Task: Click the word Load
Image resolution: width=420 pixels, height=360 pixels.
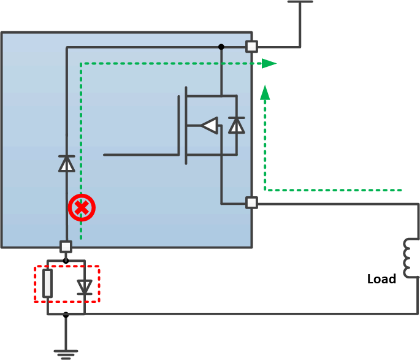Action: (x=381, y=279)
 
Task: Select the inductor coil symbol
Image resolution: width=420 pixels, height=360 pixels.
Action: (x=407, y=258)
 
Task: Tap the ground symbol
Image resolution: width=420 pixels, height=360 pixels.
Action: (x=65, y=353)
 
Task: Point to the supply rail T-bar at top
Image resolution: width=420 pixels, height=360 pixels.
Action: (x=300, y=2)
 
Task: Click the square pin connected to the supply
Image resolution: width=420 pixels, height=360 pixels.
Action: (x=251, y=47)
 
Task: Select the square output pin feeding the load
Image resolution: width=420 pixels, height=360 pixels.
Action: (x=251, y=202)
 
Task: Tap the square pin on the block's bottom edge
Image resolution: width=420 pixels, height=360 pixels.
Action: (x=66, y=247)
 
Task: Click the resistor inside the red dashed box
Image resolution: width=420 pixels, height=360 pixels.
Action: (x=48, y=283)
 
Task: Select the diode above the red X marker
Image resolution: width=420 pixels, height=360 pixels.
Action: (x=66, y=163)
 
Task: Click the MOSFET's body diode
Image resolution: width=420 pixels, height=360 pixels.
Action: (x=236, y=125)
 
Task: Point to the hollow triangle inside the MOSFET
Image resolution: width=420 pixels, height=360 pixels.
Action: (x=210, y=126)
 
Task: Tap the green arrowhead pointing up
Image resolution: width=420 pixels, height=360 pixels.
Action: (x=265, y=93)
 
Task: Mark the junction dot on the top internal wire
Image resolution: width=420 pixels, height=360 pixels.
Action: (x=221, y=47)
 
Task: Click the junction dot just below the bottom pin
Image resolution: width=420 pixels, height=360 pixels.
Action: (x=66, y=261)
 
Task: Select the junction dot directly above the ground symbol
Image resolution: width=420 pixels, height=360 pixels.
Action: (x=66, y=315)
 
